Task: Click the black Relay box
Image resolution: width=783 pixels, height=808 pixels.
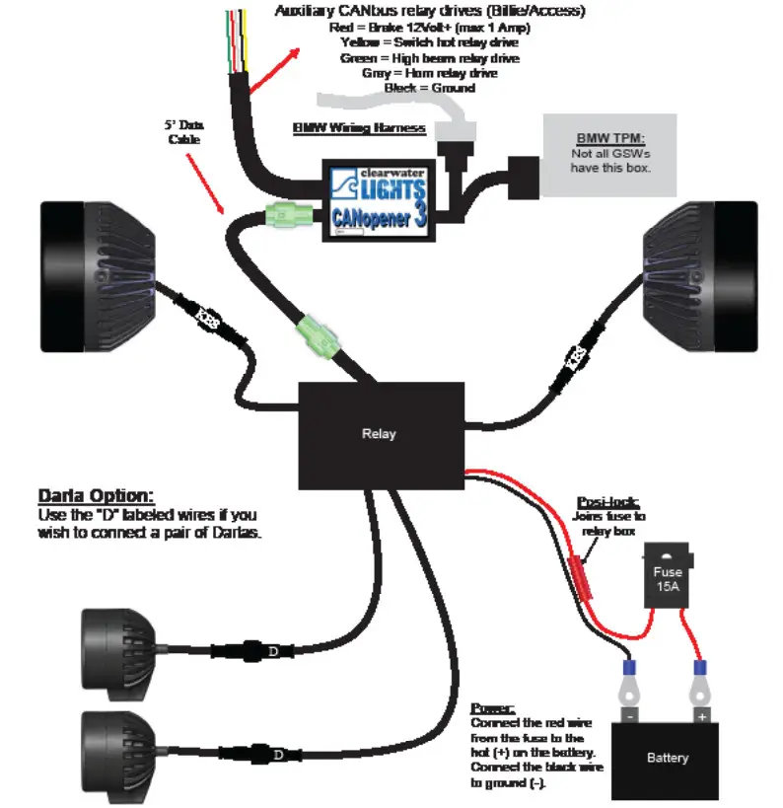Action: pos(381,433)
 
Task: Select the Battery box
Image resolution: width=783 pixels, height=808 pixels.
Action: pos(668,758)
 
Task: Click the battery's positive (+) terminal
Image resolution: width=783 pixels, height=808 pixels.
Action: pos(701,714)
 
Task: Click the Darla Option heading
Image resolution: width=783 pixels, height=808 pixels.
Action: pos(96,495)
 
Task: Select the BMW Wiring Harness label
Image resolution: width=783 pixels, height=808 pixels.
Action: pos(359,129)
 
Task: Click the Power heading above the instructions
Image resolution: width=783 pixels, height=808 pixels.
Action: pos(492,708)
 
